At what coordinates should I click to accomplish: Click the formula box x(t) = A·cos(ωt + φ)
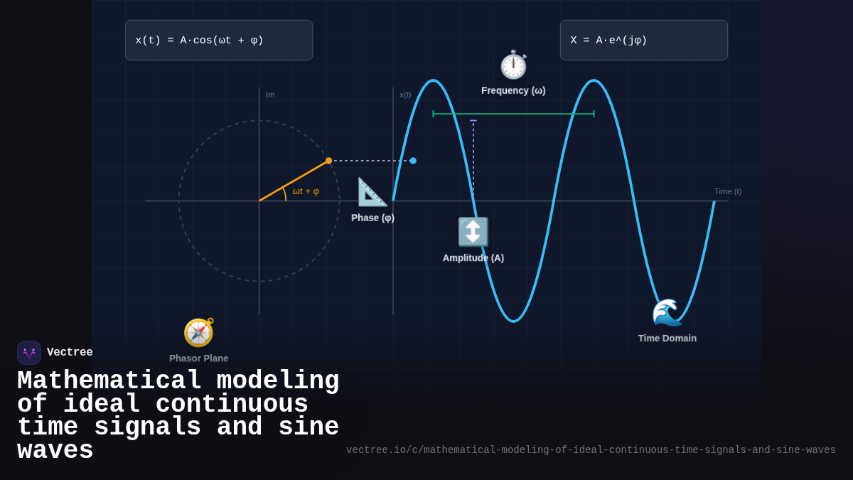(219, 41)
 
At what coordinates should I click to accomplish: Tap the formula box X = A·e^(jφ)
(643, 41)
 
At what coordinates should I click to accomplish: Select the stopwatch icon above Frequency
(513, 65)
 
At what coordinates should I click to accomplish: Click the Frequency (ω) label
(513, 90)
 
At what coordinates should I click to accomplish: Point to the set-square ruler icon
(372, 192)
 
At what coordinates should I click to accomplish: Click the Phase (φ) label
(372, 218)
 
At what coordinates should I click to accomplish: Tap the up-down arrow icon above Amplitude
(473, 232)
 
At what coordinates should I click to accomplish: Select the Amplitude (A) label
(473, 258)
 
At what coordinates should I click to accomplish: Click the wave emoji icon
(667, 312)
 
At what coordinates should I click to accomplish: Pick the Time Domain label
(667, 338)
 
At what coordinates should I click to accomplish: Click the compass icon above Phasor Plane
(198, 332)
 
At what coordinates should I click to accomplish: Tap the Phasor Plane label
(198, 358)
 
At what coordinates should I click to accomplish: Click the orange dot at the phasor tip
(328, 161)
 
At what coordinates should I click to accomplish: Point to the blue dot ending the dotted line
(413, 161)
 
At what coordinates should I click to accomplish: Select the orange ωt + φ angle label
(306, 191)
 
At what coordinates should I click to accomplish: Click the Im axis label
(270, 95)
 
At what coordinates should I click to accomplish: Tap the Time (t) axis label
(727, 191)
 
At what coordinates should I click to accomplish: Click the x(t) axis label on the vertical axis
(405, 95)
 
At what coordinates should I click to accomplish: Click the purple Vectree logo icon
(29, 353)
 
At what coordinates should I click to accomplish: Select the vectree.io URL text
(591, 450)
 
